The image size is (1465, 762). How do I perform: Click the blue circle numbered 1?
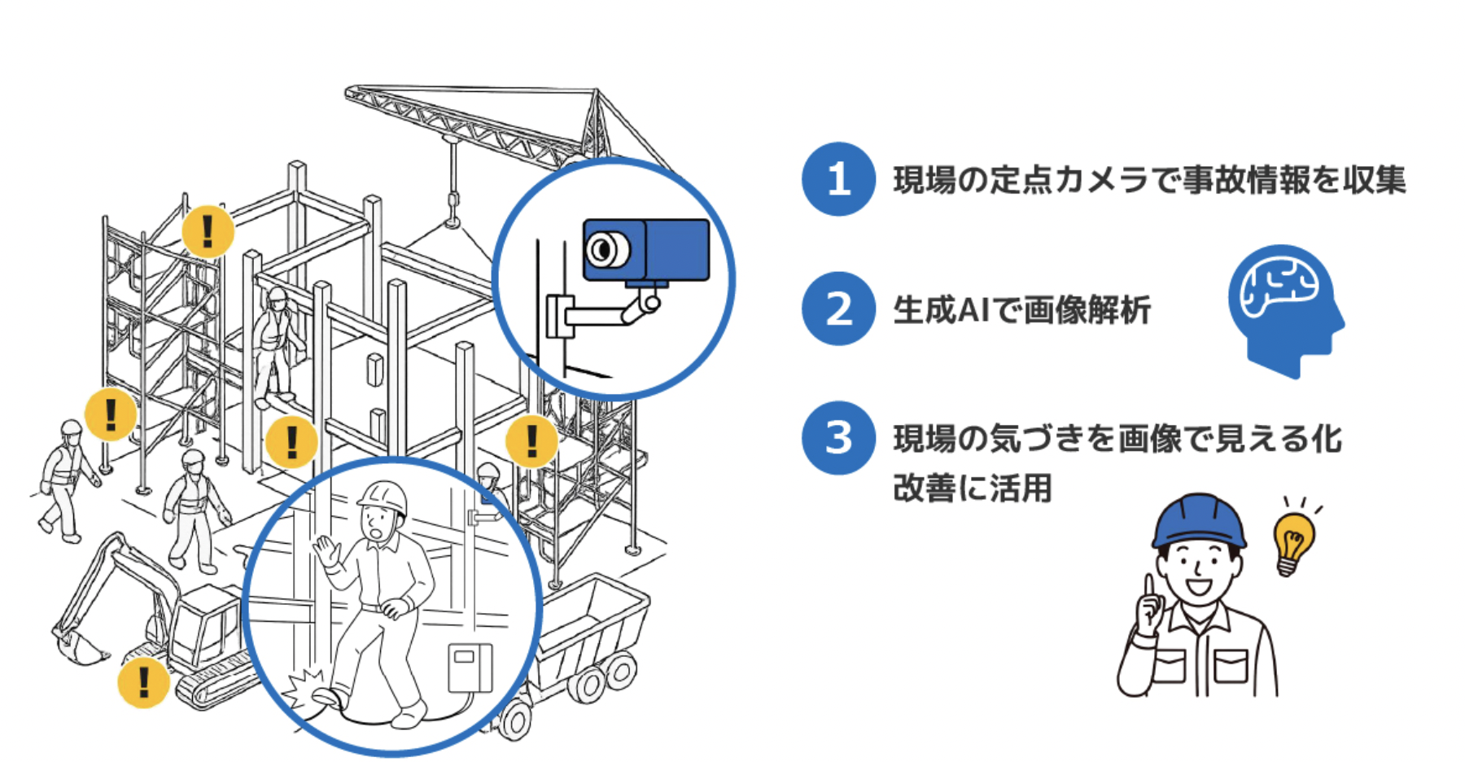pyautogui.click(x=838, y=179)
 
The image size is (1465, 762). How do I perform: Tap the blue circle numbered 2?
pyautogui.click(x=838, y=309)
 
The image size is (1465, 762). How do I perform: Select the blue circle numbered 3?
pyautogui.click(x=838, y=438)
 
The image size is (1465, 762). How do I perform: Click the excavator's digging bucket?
pyautogui.click(x=77, y=644)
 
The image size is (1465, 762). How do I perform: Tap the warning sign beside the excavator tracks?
pyautogui.click(x=144, y=682)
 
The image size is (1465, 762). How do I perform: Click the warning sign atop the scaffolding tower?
pyautogui.click(x=208, y=231)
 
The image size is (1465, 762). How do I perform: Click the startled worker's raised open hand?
pyautogui.click(x=329, y=551)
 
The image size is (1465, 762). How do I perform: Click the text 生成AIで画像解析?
pyautogui.click(x=1021, y=310)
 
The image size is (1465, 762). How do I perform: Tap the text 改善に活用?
pyautogui.click(x=973, y=488)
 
